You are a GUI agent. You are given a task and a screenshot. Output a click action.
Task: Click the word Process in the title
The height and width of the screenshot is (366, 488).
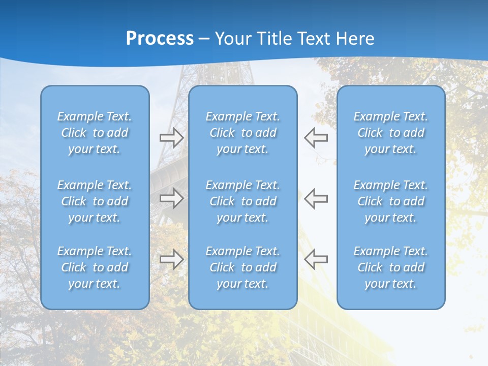pyautogui.click(x=160, y=39)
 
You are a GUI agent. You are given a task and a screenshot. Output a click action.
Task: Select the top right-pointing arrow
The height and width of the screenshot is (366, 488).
pyautogui.click(x=171, y=138)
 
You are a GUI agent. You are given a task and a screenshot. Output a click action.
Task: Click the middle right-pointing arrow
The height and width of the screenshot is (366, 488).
pyautogui.click(x=171, y=198)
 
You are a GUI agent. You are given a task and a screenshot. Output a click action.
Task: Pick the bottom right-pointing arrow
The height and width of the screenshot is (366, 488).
pyautogui.click(x=171, y=259)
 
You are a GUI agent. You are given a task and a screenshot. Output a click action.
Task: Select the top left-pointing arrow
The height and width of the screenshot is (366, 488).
pyautogui.click(x=316, y=138)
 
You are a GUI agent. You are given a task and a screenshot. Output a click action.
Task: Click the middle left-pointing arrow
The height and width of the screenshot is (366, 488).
pyautogui.click(x=316, y=198)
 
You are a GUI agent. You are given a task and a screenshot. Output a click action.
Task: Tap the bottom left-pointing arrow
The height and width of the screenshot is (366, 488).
pyautogui.click(x=316, y=259)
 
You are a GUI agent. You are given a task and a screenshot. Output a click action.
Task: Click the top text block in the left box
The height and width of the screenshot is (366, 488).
pyautogui.click(x=95, y=133)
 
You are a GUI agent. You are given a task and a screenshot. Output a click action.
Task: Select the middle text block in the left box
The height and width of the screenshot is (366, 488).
pyautogui.click(x=95, y=201)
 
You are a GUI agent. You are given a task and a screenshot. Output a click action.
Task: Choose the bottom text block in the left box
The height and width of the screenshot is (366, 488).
pyautogui.click(x=95, y=267)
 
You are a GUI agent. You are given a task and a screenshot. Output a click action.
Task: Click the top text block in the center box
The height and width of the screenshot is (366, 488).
pyautogui.click(x=243, y=133)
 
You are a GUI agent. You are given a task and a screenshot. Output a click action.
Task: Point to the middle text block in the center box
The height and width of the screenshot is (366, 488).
pyautogui.click(x=243, y=201)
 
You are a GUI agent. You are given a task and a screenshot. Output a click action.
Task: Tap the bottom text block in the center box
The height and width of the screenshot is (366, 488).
pyautogui.click(x=243, y=267)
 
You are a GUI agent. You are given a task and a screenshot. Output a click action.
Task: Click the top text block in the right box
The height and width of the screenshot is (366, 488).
pyautogui.click(x=391, y=133)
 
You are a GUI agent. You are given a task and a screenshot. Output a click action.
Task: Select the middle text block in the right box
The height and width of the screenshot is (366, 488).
pyautogui.click(x=391, y=201)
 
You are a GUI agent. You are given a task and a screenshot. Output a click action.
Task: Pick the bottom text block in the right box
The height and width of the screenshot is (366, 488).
pyautogui.click(x=391, y=267)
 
